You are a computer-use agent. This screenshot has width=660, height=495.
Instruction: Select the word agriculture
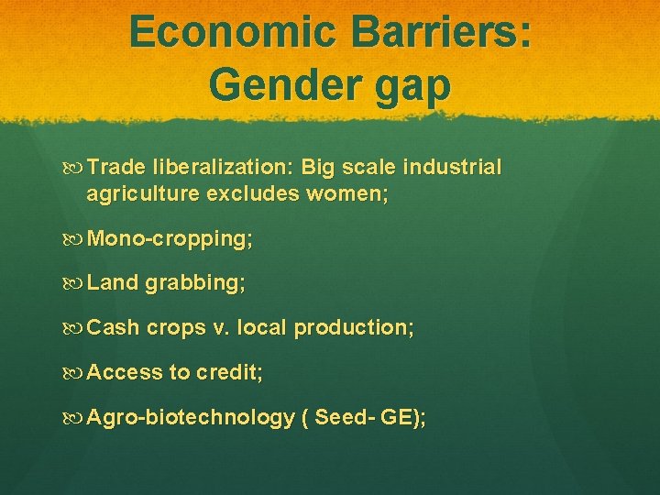(143, 194)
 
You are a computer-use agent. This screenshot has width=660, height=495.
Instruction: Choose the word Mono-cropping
(170, 240)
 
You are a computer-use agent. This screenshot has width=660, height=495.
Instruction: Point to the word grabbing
(194, 284)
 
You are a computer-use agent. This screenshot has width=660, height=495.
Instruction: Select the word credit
(230, 372)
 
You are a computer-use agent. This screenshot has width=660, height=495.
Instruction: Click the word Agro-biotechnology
(191, 418)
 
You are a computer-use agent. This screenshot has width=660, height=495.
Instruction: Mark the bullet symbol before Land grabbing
(76, 284)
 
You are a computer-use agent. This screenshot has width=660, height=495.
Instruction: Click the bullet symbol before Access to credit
(76, 372)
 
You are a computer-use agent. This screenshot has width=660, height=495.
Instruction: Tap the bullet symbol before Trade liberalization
(76, 168)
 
